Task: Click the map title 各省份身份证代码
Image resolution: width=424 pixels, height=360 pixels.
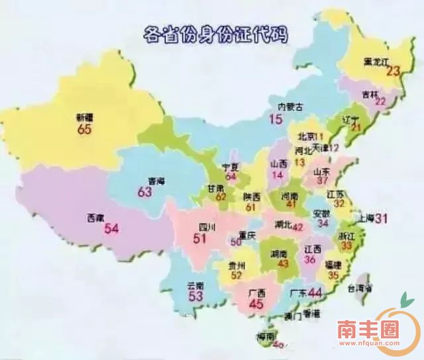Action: (x=216, y=34)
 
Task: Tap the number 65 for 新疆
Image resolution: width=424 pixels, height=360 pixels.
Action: (x=84, y=130)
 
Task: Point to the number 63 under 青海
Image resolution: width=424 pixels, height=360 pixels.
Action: (x=145, y=192)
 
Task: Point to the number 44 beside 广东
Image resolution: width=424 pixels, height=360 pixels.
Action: (x=315, y=292)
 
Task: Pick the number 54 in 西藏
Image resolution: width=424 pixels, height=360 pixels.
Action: (x=111, y=229)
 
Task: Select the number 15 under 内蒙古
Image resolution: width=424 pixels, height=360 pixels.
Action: (x=276, y=119)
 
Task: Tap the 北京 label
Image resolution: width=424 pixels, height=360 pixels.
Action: (x=307, y=136)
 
